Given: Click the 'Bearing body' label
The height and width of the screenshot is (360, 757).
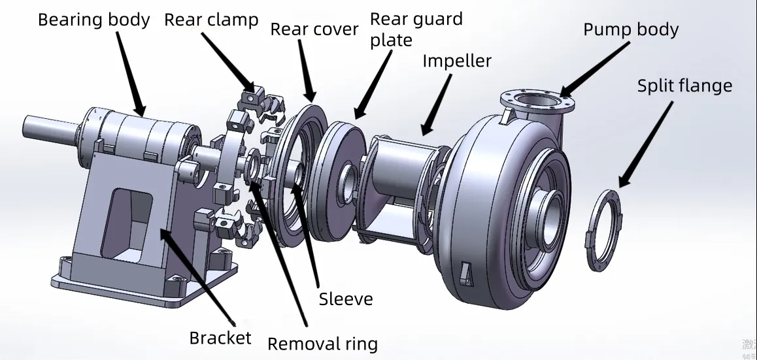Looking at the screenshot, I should (93, 20).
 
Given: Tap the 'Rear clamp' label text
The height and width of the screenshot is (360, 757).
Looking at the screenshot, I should (210, 20).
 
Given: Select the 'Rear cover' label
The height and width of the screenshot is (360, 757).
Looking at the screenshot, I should (314, 29).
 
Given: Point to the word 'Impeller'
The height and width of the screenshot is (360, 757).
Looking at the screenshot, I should (456, 61).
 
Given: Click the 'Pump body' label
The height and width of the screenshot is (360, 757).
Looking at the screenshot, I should (630, 29).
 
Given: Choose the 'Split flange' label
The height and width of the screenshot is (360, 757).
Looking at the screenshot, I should (684, 86).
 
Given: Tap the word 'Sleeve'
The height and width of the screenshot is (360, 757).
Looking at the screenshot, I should (346, 299).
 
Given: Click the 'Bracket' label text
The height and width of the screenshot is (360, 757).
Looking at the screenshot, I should (220, 337).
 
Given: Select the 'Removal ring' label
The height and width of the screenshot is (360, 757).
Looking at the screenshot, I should (322, 344).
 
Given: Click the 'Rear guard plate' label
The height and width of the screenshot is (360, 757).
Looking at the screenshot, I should (416, 29).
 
